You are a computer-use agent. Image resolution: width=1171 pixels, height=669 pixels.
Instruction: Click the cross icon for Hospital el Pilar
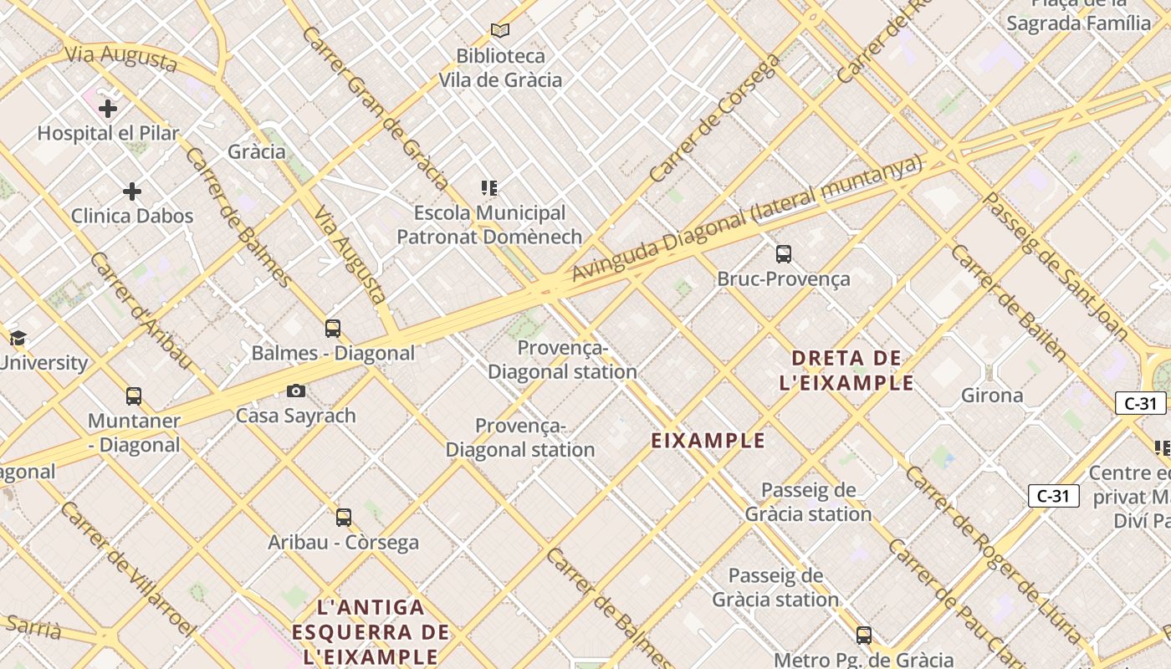point(108,109)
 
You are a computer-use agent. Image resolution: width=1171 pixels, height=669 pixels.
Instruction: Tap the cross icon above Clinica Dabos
point(132,192)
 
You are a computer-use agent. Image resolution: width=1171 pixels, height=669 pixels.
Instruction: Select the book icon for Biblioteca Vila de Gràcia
point(500,31)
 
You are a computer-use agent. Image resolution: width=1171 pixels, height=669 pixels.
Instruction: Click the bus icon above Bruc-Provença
point(784,254)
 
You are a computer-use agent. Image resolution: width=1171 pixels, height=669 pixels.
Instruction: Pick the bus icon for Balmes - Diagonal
point(333,329)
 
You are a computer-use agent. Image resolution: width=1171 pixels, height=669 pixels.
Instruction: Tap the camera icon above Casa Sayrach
point(296,391)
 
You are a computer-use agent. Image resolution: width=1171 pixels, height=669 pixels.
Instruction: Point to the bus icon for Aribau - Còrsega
point(344,517)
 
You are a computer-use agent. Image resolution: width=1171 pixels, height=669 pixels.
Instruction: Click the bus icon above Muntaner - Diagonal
point(134,396)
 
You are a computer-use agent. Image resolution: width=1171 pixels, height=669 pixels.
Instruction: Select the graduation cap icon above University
point(18,339)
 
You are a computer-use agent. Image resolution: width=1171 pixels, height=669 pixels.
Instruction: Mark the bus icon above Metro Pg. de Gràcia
point(864,635)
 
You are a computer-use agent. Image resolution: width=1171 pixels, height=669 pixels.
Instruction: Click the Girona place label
point(992,395)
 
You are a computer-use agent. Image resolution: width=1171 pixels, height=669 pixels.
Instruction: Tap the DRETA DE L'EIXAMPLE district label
point(846,370)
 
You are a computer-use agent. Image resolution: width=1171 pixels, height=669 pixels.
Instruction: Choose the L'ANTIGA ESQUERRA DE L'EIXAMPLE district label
point(371,631)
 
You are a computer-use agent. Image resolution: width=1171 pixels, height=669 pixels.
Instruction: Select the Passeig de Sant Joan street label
point(1056,264)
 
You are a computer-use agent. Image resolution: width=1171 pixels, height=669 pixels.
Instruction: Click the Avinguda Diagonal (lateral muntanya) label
point(746,218)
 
